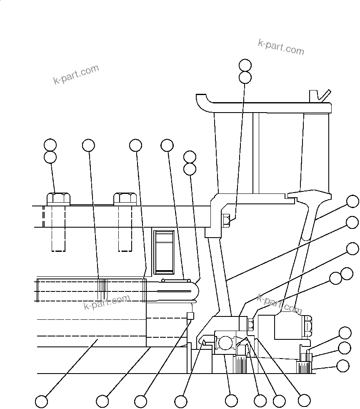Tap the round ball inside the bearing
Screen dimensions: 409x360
[225, 343]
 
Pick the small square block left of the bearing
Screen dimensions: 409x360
[190, 315]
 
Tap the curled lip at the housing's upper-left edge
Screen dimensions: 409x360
[202, 101]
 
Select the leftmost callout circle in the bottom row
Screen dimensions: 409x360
[41, 401]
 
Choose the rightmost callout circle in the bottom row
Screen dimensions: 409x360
[305, 400]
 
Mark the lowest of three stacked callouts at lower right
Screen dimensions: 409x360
[343, 366]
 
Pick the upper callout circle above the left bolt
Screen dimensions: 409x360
[50, 145]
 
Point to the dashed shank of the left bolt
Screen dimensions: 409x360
[58, 229]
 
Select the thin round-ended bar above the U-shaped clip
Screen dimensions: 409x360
[175, 280]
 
